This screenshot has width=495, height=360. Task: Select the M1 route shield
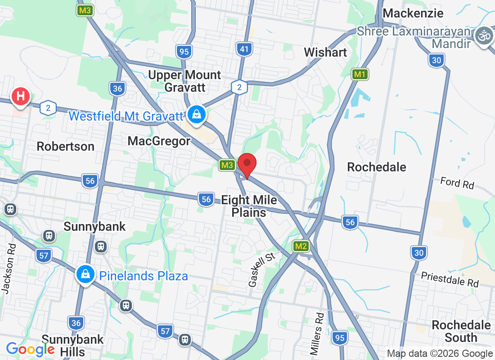[x=360, y=74]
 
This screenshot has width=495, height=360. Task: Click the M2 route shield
[x=301, y=246]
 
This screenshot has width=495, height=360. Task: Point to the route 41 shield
[x=244, y=49]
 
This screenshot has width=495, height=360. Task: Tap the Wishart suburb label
[x=325, y=52]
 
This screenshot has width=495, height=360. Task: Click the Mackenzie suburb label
[x=413, y=13]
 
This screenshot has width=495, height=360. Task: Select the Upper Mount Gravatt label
[x=184, y=81]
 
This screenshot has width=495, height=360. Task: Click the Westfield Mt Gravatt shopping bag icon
[x=197, y=114]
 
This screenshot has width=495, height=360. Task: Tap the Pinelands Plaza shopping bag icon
[x=85, y=274]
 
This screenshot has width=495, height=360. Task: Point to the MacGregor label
[x=159, y=141]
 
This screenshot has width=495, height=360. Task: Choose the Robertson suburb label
[x=66, y=146]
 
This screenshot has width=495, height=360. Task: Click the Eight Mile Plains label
[x=249, y=206]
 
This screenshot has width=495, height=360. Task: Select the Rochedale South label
[x=461, y=331]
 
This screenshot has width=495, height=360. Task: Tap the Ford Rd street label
[x=457, y=183]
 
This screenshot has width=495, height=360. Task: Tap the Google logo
[x=30, y=349]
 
